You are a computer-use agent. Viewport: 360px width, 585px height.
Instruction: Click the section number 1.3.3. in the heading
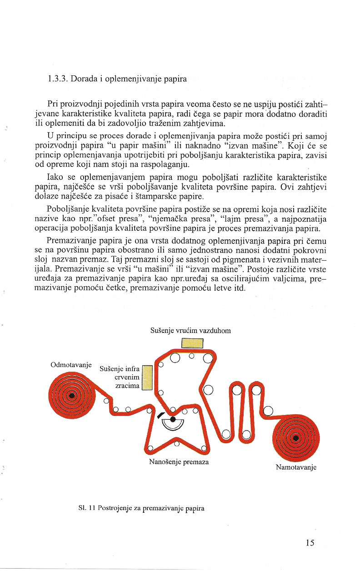(57, 79)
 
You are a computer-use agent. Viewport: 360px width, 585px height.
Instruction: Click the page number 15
(310, 542)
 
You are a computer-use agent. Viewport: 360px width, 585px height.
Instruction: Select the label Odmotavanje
(71, 365)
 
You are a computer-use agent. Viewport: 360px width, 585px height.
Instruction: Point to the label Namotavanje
(296, 467)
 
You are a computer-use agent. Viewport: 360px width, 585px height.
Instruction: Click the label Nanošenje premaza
(179, 461)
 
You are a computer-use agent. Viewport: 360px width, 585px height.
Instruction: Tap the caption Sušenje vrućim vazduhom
(190, 331)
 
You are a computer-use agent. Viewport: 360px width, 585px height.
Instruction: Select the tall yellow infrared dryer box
(146, 377)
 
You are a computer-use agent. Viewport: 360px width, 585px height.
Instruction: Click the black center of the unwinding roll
(71, 395)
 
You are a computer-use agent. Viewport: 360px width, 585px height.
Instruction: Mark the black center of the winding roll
(296, 438)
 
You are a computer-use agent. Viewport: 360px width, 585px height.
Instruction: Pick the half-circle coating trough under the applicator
(173, 424)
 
